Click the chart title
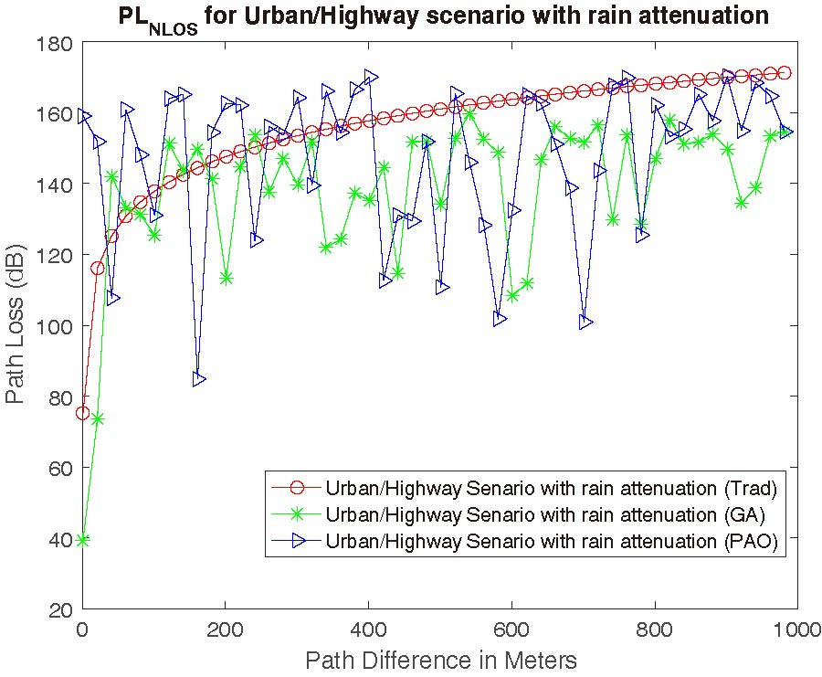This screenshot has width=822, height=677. [x=443, y=16]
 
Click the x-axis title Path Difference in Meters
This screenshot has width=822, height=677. [x=440, y=660]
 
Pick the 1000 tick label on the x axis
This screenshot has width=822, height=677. [x=796, y=629]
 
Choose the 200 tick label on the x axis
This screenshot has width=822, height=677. [x=226, y=629]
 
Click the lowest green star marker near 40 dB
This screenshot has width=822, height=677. [x=83, y=540]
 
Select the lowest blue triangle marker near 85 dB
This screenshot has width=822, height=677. [x=199, y=379]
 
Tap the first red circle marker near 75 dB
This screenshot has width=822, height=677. [x=83, y=413]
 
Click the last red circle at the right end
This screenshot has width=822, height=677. [x=784, y=73]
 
